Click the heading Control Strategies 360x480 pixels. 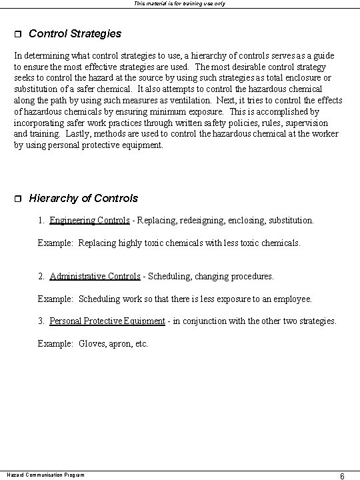tap(75, 33)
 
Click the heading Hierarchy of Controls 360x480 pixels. tap(83, 198)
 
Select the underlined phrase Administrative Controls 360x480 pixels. tap(95, 276)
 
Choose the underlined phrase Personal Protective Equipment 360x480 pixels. tap(107, 321)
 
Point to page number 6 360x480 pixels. tap(341, 476)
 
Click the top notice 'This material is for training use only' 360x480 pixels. tap(179, 3)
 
